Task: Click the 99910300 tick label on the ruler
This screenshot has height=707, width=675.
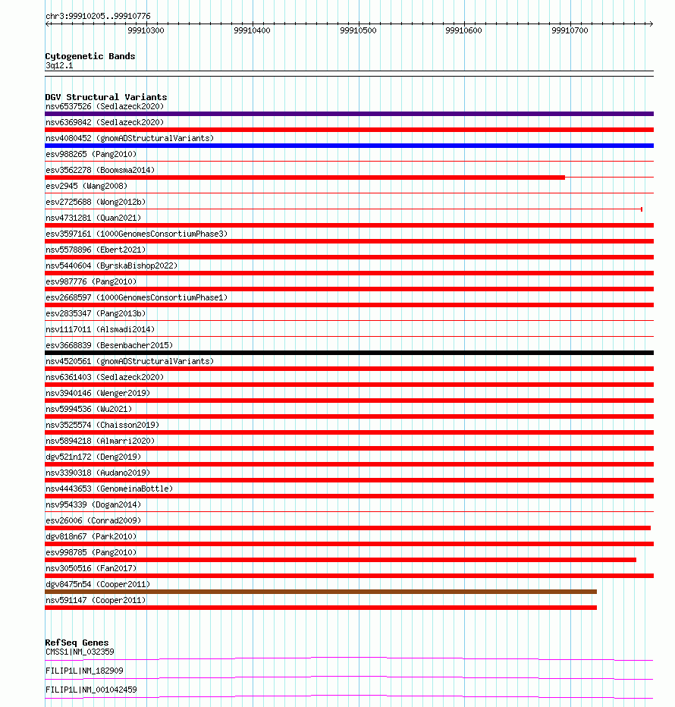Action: click(x=146, y=30)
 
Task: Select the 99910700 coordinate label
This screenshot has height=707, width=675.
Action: click(x=570, y=30)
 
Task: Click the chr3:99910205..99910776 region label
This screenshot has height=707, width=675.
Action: click(x=98, y=16)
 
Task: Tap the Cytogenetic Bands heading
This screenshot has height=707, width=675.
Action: click(x=89, y=56)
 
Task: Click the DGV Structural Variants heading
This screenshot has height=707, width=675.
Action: click(x=105, y=97)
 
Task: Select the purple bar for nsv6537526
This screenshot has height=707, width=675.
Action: click(x=349, y=114)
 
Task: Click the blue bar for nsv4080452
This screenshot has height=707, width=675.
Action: click(x=349, y=146)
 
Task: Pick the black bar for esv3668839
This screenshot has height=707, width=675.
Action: click(x=349, y=353)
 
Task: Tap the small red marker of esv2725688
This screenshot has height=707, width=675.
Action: click(x=642, y=209)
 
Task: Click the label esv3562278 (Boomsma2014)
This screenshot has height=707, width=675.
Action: click(x=100, y=170)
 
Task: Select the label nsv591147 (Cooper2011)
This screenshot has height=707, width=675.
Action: click(x=96, y=600)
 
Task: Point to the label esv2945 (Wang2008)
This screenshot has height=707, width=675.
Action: click(x=86, y=186)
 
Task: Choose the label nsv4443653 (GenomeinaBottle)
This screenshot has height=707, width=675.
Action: click(x=109, y=489)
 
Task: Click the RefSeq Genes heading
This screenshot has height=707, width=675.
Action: click(x=77, y=643)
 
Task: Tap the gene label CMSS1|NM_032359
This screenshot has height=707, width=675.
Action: click(x=80, y=652)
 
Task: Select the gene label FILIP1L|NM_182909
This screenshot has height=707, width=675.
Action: click(x=84, y=671)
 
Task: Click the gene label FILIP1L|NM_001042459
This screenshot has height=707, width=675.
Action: click(x=91, y=690)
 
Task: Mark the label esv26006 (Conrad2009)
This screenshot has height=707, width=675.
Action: click(x=93, y=520)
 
